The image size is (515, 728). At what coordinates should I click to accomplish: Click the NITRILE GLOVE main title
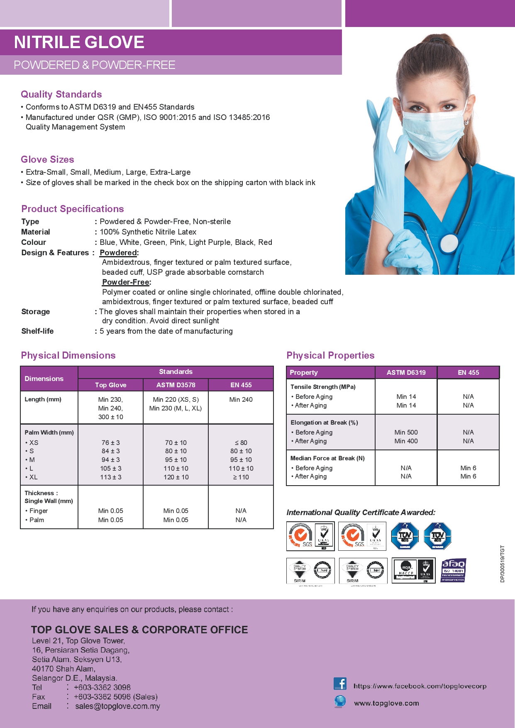tap(79, 42)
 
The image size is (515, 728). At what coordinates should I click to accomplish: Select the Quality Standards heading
tap(61, 94)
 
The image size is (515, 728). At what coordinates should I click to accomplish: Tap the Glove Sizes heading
tap(47, 159)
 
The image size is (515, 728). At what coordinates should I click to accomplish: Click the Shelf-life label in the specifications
tap(37, 331)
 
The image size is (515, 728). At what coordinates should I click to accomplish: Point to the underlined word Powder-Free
tap(126, 282)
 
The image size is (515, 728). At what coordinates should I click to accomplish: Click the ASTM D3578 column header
tap(176, 385)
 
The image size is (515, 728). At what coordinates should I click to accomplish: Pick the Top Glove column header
tap(110, 385)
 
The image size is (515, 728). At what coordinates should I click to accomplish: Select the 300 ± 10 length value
tap(110, 417)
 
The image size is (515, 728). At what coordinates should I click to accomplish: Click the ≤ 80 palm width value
tap(241, 443)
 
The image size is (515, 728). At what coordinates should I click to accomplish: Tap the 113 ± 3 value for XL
tap(110, 477)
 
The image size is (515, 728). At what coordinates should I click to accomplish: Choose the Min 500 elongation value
tap(406, 432)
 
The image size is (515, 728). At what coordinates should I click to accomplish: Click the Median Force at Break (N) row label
tap(327, 458)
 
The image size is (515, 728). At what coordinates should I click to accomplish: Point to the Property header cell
tap(304, 373)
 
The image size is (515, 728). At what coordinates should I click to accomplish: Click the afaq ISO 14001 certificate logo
tap(453, 570)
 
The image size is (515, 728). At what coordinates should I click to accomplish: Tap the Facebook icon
tap(340, 684)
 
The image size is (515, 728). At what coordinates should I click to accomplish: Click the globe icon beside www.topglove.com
tap(340, 701)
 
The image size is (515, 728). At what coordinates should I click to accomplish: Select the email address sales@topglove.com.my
tap(117, 706)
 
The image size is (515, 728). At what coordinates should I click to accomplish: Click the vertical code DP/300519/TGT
tap(503, 564)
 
